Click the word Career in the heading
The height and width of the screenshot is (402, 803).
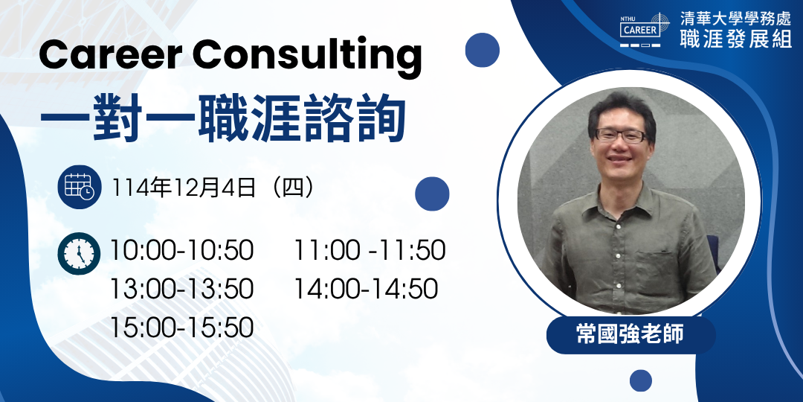[x=111, y=54]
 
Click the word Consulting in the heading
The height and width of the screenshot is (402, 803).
[x=307, y=58]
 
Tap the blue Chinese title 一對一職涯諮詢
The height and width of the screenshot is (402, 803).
[x=223, y=118]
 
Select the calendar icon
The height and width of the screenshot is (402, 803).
[x=79, y=187]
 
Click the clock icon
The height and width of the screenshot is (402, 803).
[x=79, y=253]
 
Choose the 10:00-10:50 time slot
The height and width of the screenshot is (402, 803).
[x=182, y=251]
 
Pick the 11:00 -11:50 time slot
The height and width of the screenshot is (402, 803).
[x=370, y=251]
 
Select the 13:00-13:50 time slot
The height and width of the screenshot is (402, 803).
[x=182, y=289]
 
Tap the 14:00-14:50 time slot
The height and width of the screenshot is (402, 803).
[x=366, y=289]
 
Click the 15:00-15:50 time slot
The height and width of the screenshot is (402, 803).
[x=182, y=328]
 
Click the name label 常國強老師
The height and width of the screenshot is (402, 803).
[x=631, y=335]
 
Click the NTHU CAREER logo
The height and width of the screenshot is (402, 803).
[x=644, y=31]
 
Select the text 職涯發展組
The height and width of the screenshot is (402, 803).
[x=736, y=39]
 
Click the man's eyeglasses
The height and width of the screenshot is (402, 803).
[x=621, y=135]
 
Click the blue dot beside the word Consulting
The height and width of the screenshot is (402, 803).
[x=482, y=50]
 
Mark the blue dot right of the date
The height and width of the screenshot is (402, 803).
[x=432, y=194]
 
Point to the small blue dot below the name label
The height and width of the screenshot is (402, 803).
[x=641, y=380]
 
